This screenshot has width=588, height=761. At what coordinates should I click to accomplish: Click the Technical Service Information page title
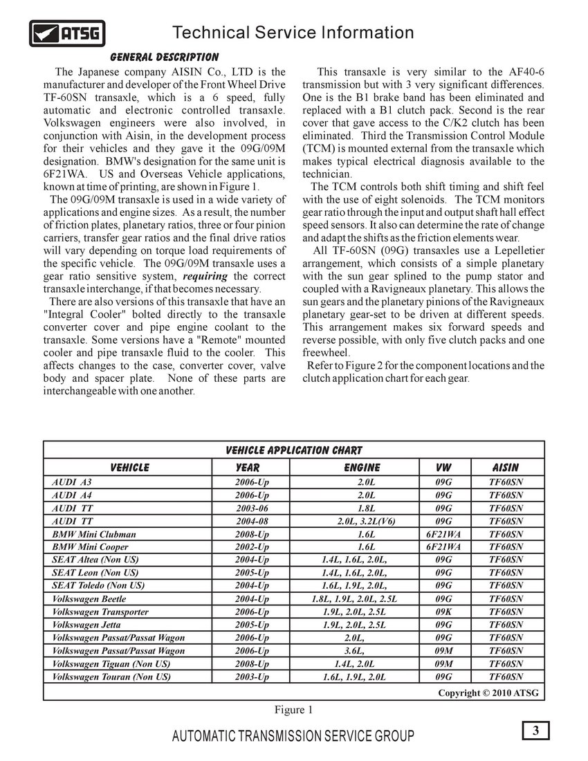point(293,33)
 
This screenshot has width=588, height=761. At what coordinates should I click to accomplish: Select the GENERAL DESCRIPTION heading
point(164,57)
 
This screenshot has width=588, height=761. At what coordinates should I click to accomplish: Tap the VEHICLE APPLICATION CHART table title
point(293,450)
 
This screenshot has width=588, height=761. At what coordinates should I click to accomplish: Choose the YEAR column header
point(248,468)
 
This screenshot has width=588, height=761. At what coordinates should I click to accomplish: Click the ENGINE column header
point(362,468)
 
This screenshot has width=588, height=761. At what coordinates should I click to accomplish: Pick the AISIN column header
point(505,468)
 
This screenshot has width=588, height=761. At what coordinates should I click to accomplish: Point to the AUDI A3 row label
point(72,482)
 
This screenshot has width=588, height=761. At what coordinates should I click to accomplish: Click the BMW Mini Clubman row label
point(94,534)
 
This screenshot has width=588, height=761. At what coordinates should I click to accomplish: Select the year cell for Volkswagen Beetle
point(252,598)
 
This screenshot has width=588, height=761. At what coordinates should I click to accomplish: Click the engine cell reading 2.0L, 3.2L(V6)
point(366,521)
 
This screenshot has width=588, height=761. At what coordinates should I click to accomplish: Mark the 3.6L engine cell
point(354,650)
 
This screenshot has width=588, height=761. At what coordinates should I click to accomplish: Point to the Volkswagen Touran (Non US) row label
point(111,677)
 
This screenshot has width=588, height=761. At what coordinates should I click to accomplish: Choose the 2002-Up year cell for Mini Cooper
point(252,547)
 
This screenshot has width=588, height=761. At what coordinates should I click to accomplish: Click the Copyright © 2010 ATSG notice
point(488,693)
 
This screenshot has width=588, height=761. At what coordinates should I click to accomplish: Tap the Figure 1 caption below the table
point(293,709)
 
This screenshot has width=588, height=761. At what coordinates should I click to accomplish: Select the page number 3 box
point(535,731)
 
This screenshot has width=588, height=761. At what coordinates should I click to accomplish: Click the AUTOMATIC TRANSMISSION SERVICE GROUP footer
point(293,736)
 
